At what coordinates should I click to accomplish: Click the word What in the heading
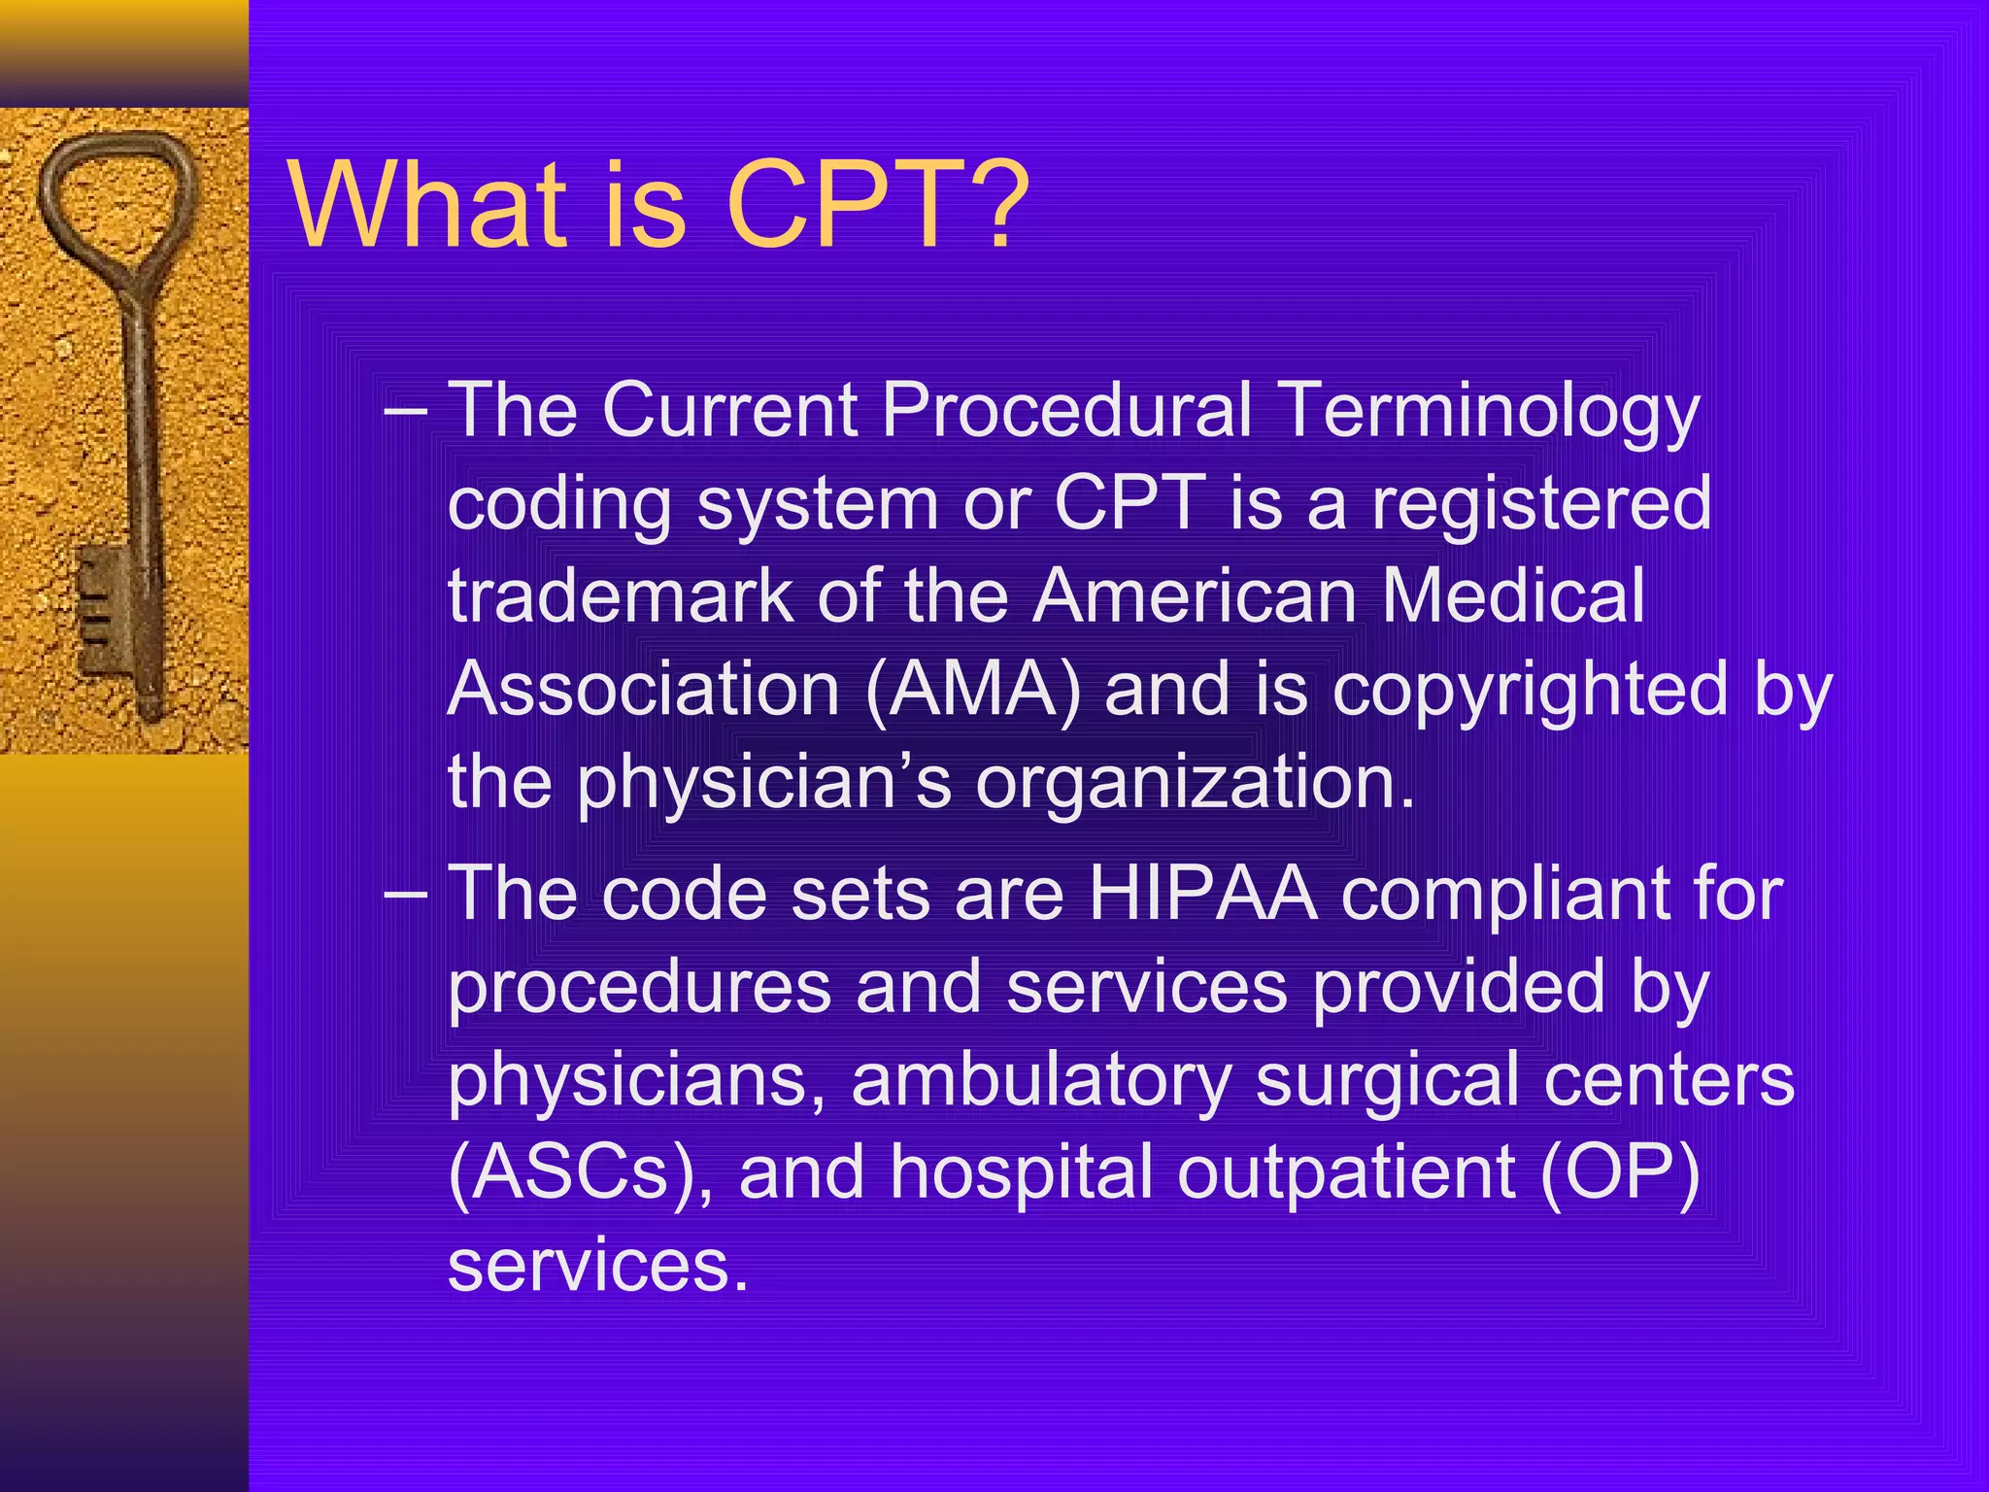pyautogui.click(x=427, y=206)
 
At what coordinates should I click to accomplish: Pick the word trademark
pyautogui.click(x=621, y=596)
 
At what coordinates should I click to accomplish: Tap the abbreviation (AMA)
pyautogui.click(x=972, y=690)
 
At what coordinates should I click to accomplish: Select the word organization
pyautogui.click(x=1195, y=783)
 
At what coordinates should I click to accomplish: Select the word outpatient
pyautogui.click(x=1346, y=1173)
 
